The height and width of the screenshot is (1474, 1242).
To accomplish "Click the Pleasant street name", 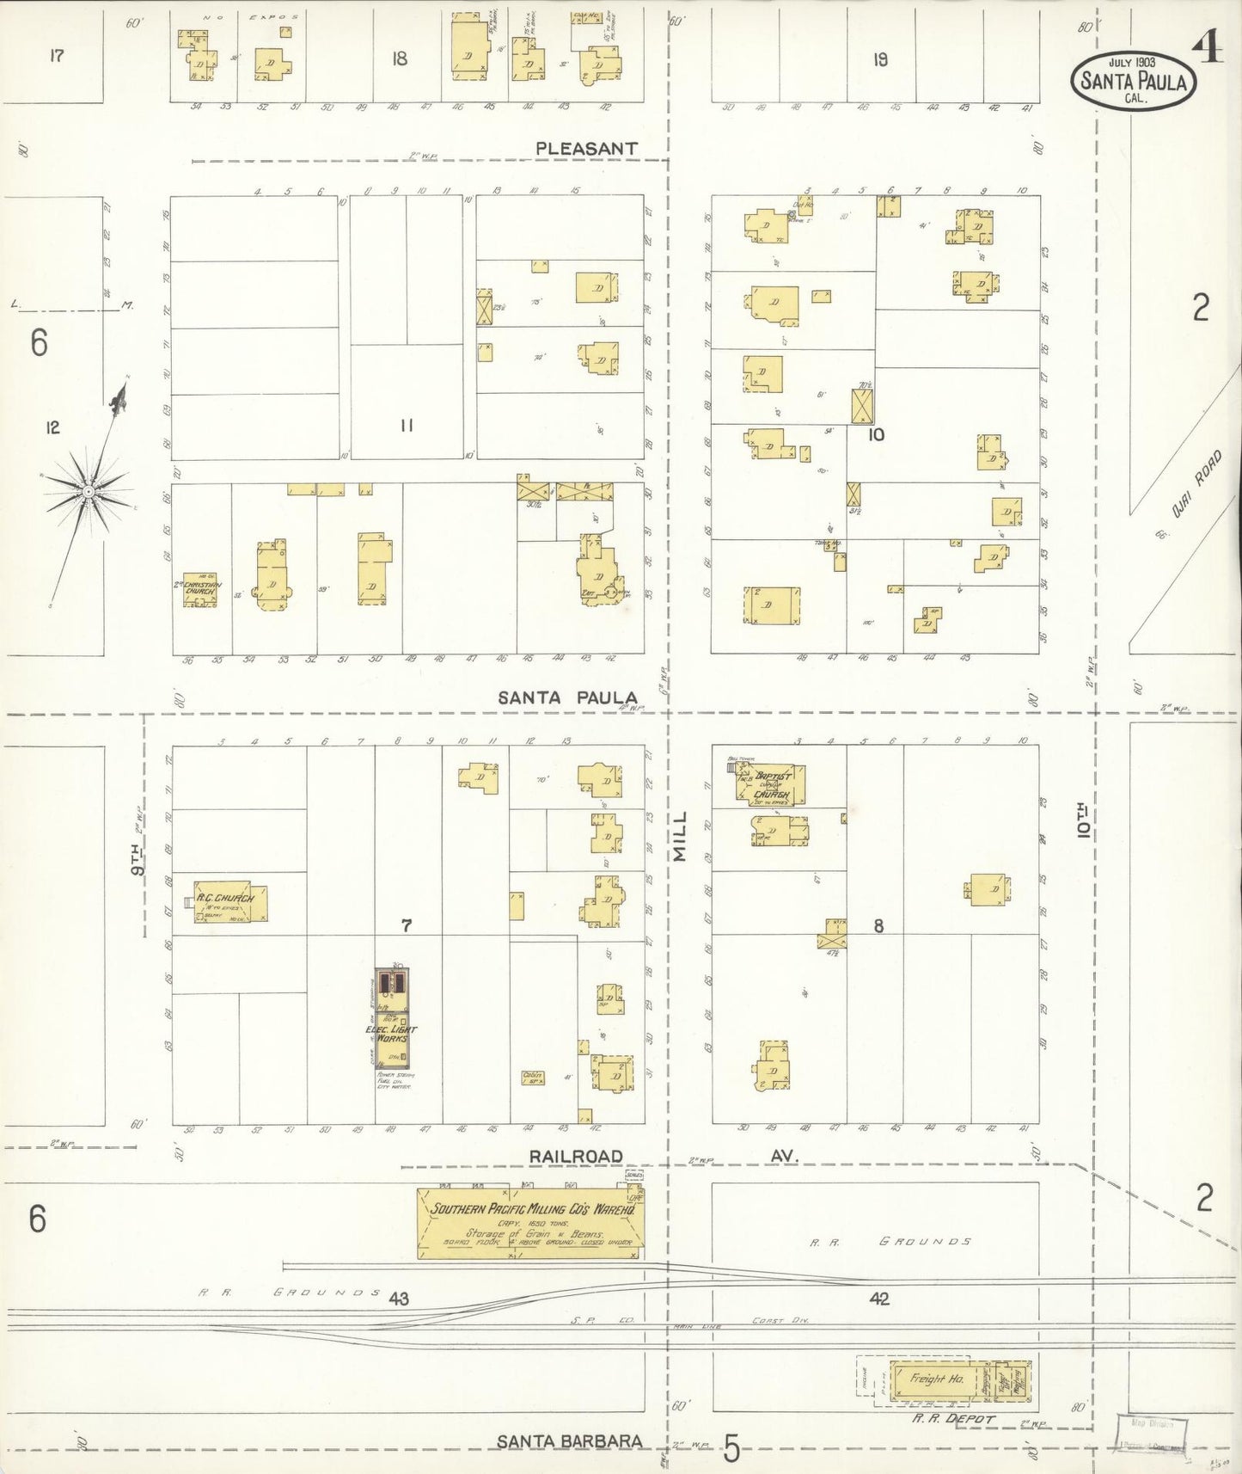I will (x=586, y=149).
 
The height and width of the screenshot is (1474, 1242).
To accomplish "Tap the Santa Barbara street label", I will (x=570, y=1441).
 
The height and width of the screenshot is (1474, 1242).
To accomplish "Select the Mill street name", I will (x=681, y=835).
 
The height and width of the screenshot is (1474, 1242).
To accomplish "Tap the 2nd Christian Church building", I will (x=199, y=589).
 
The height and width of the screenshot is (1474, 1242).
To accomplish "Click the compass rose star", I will (x=88, y=491).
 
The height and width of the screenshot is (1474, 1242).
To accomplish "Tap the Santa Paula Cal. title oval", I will (x=1133, y=82).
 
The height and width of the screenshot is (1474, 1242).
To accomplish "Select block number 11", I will (x=407, y=425).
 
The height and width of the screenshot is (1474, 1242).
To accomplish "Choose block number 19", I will (x=879, y=59).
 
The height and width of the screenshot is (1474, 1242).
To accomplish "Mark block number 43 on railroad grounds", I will (x=398, y=1299).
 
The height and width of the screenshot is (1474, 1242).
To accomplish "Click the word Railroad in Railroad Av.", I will (x=575, y=1157).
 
